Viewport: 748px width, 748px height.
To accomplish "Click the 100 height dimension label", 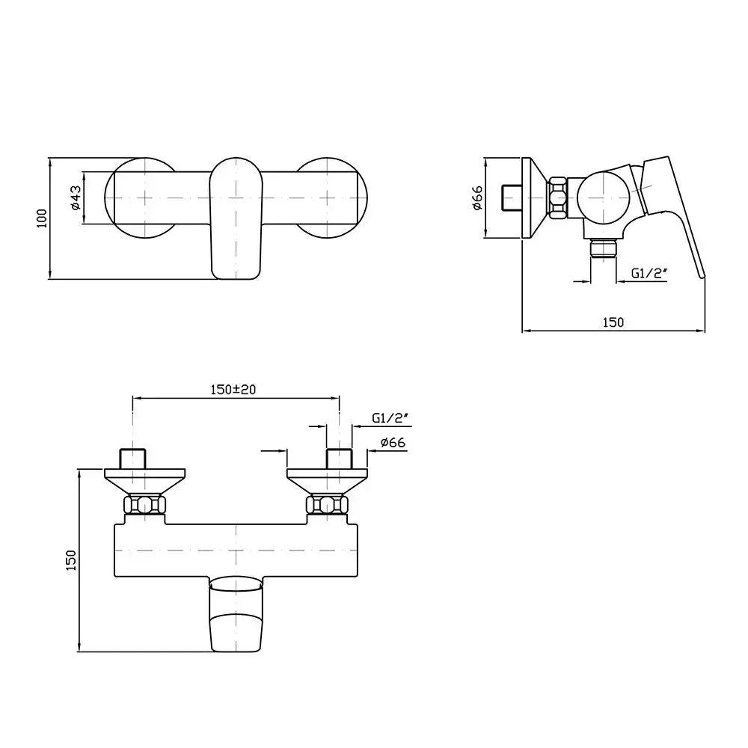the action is (x=43, y=218).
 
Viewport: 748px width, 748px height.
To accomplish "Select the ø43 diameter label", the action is (x=76, y=197).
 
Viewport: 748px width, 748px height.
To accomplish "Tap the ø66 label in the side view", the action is (x=477, y=198).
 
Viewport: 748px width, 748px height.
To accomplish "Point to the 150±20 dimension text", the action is (x=233, y=390).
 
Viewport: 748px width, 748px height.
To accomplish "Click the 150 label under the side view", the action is (x=613, y=322).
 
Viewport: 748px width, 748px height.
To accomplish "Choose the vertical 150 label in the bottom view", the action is (x=70, y=560).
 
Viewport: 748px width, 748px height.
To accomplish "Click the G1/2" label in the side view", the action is (x=649, y=273).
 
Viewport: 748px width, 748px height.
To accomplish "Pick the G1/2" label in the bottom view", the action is (x=390, y=418).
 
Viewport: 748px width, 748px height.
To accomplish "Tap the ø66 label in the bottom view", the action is (x=393, y=443).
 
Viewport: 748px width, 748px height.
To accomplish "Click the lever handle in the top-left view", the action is (x=236, y=218).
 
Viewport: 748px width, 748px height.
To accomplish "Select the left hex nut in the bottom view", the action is (x=144, y=505).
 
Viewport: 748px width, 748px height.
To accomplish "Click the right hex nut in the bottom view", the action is (x=327, y=505).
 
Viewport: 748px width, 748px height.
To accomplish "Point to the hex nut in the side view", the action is (x=557, y=198).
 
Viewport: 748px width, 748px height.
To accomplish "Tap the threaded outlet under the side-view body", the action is (x=604, y=248).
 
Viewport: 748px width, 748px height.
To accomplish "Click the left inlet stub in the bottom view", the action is (x=132, y=459).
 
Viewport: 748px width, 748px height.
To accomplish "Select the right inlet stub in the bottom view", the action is (x=339, y=459).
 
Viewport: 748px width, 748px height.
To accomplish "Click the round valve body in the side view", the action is (x=604, y=197).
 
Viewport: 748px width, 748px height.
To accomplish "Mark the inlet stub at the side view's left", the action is (x=513, y=198).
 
